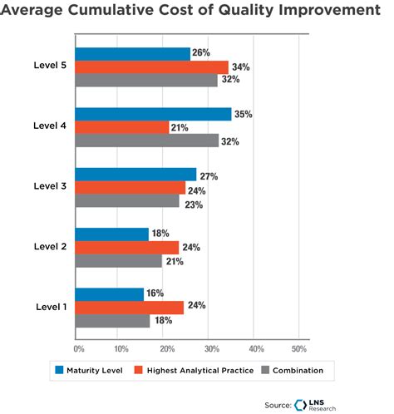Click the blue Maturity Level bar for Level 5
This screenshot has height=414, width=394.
[132, 54]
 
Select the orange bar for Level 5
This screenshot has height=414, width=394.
[151, 67]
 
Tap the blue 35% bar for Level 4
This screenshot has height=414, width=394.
[153, 114]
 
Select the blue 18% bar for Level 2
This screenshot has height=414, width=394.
[111, 234]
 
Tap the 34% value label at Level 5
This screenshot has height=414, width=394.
[241, 67]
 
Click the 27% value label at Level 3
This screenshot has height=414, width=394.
[209, 175]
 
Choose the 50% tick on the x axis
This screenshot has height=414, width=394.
[301, 347]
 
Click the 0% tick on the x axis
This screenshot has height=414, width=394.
[79, 347]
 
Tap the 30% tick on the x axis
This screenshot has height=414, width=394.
[212, 347]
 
